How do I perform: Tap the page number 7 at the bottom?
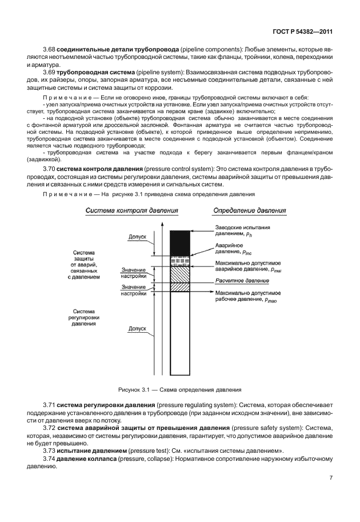tap(331, 478)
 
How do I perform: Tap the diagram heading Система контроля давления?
tap(132, 211)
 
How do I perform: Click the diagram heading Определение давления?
tap(249, 211)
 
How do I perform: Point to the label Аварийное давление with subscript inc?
tap(231, 248)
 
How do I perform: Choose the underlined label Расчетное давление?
tap(242, 281)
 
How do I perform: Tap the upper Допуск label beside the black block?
tap(137, 236)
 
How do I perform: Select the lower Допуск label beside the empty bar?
tap(137, 329)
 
